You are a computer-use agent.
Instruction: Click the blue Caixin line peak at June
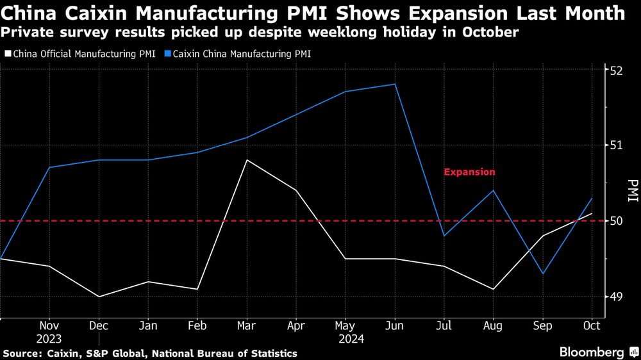(x=394, y=84)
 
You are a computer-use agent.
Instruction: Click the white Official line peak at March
(x=247, y=160)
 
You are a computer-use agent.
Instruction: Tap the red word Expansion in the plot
(x=469, y=172)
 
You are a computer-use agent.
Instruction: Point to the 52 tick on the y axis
(x=616, y=69)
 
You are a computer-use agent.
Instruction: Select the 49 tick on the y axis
(x=616, y=297)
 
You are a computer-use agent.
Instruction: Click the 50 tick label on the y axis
(x=616, y=221)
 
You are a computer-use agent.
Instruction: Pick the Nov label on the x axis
(x=49, y=325)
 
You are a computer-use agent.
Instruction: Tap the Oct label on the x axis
(x=591, y=325)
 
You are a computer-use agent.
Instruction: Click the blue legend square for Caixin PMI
(x=168, y=54)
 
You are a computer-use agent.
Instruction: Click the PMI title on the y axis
(x=633, y=191)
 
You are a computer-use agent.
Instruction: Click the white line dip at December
(x=99, y=297)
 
